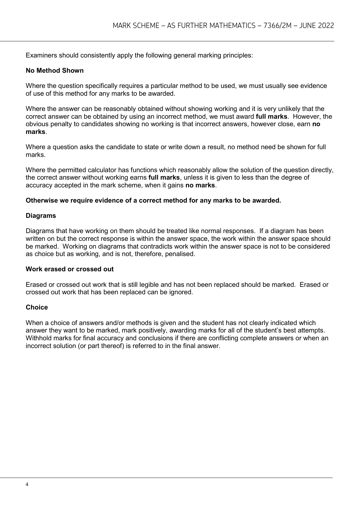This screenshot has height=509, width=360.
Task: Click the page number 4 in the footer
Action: click(x=27, y=484)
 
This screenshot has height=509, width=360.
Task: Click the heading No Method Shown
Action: click(x=55, y=71)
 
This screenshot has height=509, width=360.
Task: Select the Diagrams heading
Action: click(x=41, y=216)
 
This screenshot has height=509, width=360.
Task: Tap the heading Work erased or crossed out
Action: click(x=70, y=269)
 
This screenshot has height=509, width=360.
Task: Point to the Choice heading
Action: click(x=37, y=307)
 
